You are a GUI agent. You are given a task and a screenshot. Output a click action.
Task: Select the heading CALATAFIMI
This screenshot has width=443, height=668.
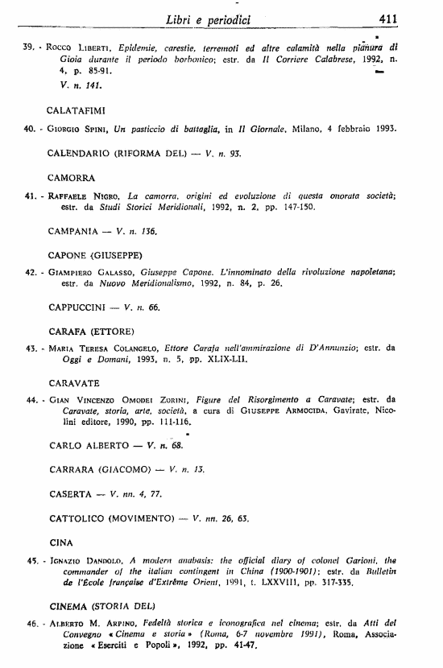77,108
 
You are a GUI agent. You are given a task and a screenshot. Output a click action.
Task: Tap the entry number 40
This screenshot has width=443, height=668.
33,130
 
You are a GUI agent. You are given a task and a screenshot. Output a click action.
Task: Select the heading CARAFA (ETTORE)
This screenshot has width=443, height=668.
90,331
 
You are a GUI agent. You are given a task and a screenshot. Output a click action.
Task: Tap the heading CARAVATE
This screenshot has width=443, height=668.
74,381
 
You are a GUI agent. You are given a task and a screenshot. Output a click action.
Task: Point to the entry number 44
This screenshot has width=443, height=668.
33,399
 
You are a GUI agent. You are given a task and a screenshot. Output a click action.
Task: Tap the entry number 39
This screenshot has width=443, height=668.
33,47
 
